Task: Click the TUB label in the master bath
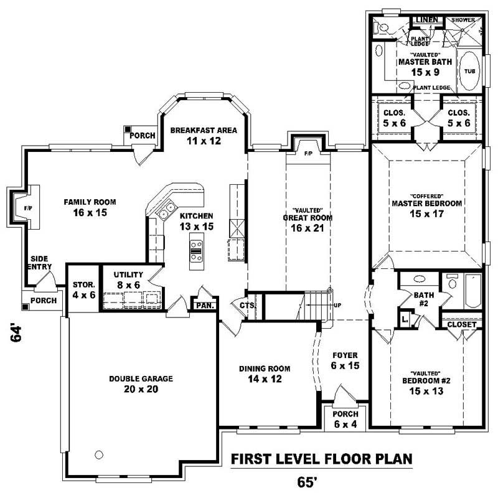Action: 469,72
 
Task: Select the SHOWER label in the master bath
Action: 463,20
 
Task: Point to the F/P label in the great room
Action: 308,153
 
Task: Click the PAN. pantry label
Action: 205,306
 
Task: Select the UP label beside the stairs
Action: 337,306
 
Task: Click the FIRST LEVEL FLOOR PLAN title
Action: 322,459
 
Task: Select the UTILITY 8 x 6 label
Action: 129,280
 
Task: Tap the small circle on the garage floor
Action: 98,453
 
